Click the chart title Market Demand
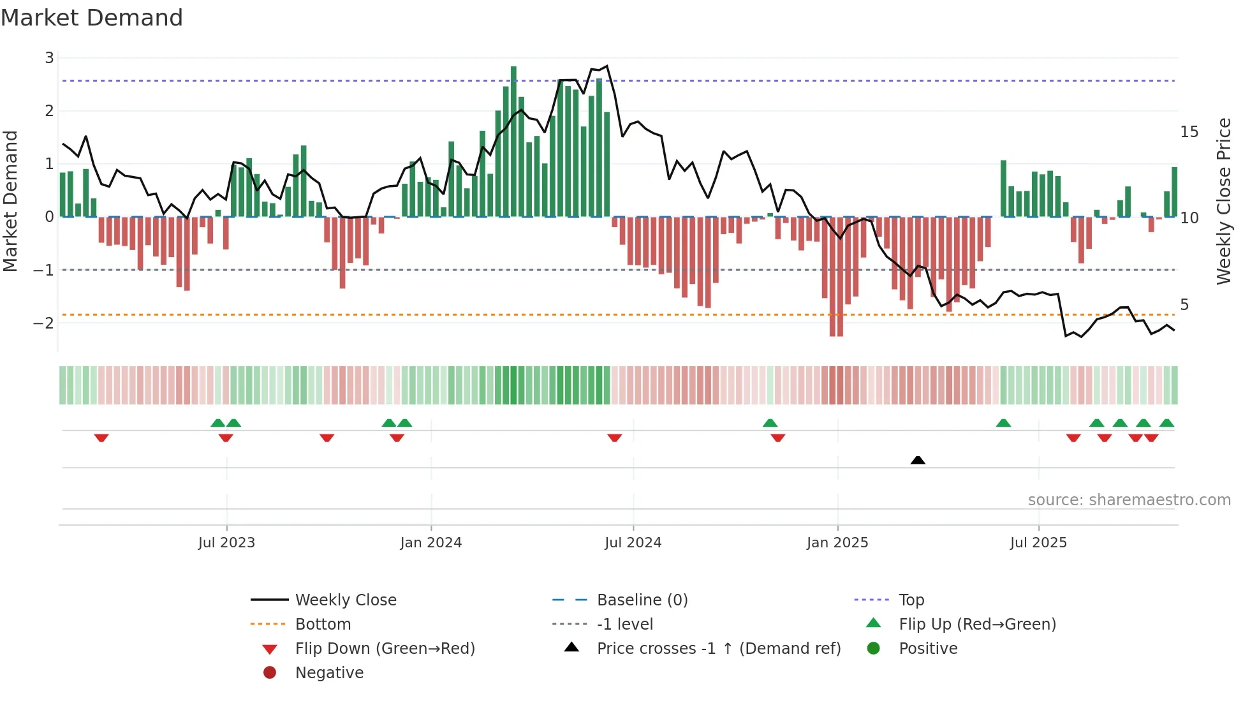(92, 18)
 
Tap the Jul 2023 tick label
(226, 543)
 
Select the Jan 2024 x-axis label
(430, 543)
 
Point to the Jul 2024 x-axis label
(633, 543)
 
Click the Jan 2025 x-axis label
(837, 543)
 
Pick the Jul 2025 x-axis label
(1038, 543)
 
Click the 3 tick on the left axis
(49, 58)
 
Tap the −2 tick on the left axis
(43, 323)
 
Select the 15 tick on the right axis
(1189, 132)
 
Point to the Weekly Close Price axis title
(1223, 201)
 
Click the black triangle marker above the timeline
(918, 460)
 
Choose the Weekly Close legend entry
(345, 600)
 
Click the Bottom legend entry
(323, 625)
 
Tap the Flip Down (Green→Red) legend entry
(385, 649)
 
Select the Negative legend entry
(329, 673)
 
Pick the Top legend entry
(911, 600)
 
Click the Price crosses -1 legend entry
(718, 649)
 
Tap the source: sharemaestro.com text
(1129, 500)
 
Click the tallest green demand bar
(513, 140)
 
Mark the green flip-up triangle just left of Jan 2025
(770, 423)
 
